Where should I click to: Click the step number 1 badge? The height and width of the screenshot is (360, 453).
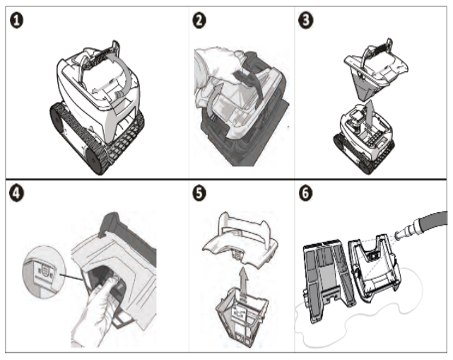point(17,21)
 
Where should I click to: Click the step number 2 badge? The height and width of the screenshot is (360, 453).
point(199,21)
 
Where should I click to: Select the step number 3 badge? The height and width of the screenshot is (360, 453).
point(306,21)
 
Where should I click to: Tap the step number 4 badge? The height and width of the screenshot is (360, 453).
point(16,193)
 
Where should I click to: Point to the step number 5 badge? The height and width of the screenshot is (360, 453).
point(199,193)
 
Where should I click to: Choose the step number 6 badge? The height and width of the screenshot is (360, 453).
point(305,193)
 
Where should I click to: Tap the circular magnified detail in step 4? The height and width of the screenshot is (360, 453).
point(40,272)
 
